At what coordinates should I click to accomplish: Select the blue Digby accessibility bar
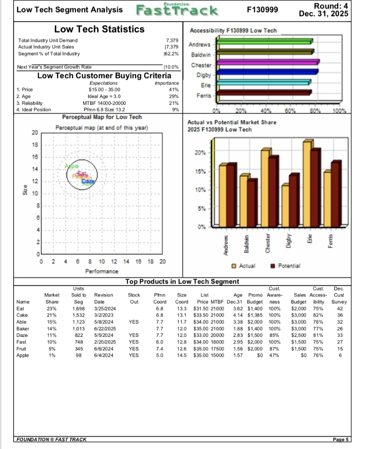tap(267, 72)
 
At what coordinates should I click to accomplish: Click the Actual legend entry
tap(244, 266)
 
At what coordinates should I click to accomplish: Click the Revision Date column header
tap(103, 298)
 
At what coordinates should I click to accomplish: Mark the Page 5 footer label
tap(340, 439)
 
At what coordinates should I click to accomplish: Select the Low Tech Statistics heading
tap(99, 29)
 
